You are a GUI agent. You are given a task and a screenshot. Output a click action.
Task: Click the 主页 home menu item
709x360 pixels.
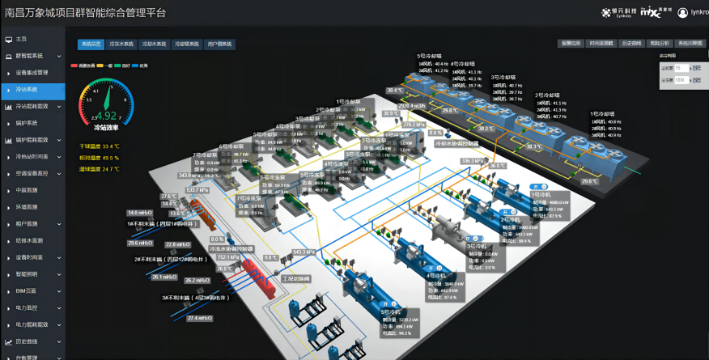click(x=22, y=39)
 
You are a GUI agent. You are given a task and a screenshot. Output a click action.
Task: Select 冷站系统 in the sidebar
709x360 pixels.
click(x=28, y=89)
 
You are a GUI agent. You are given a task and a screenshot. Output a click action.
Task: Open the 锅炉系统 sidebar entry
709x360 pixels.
click(x=28, y=123)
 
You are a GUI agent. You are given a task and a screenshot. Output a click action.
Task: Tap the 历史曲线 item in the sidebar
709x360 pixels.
click(x=28, y=341)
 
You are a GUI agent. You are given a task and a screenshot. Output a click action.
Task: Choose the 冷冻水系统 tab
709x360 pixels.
click(x=121, y=44)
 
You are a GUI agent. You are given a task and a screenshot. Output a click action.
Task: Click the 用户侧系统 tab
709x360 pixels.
click(x=219, y=44)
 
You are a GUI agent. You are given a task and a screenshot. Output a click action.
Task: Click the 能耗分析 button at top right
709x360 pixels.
click(x=660, y=44)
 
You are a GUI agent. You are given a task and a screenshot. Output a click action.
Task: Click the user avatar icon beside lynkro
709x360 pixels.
click(x=683, y=12)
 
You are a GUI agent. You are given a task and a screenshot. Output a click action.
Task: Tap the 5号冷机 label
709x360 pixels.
click(x=391, y=311)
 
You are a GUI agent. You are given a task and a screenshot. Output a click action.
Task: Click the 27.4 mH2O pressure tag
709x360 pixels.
click(x=199, y=318)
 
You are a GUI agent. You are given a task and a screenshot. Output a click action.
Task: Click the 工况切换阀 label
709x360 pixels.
click(x=295, y=277)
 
